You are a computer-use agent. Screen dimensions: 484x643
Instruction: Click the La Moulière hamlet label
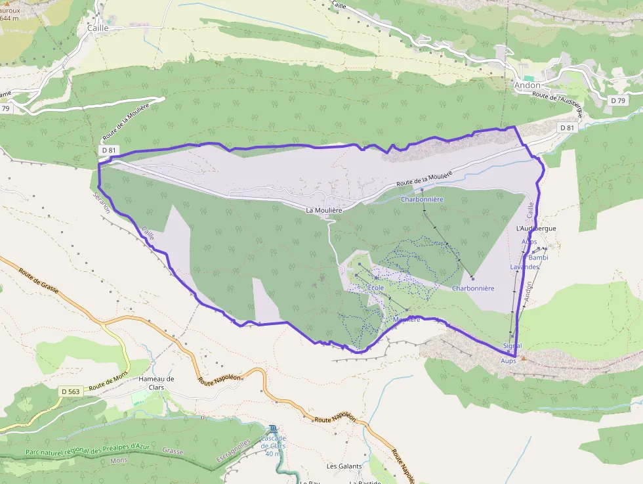324,210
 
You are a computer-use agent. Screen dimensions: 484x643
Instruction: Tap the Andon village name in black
528,85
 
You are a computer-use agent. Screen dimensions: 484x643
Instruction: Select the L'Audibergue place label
536,229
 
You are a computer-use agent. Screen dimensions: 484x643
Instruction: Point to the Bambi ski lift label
538,257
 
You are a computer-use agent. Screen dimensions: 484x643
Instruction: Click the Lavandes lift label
524,267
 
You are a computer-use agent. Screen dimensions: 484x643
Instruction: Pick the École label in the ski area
376,288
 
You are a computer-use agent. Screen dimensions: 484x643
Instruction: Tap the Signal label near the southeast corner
512,345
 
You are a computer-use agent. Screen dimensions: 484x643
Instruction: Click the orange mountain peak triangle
524,359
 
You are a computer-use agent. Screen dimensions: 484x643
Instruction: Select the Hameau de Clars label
156,383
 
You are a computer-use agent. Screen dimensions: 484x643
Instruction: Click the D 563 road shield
70,392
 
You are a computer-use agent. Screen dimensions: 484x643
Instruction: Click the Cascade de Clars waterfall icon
273,429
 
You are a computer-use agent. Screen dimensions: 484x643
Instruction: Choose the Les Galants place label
344,466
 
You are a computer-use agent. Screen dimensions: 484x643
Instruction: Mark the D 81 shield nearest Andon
567,127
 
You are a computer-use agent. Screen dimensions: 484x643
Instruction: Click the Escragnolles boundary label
238,452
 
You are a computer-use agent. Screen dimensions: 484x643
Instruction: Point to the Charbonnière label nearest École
473,288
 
